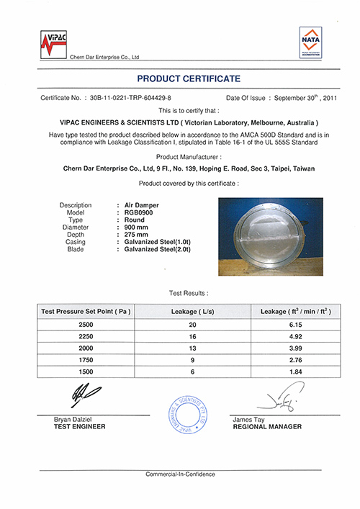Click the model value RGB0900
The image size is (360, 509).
coord(138,212)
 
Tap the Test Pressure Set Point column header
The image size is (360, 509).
coord(84,311)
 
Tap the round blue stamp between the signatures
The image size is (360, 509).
coord(188,413)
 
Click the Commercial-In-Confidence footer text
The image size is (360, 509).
coord(180,474)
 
